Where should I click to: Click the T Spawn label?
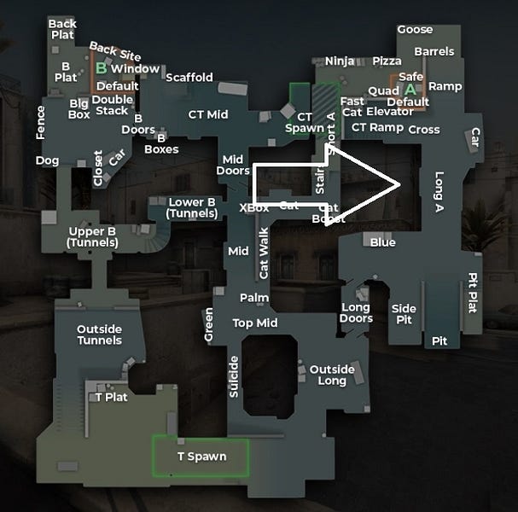coord(201,457)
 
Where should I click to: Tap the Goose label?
coord(415,30)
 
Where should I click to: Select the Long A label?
coord(439,192)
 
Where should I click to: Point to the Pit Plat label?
coord(472,293)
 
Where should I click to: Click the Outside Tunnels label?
coord(99,335)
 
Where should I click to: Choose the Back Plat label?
coord(62,29)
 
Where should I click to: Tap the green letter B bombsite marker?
coord(101,67)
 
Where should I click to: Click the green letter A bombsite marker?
coord(410,89)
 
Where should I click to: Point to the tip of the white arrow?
coord(402,184)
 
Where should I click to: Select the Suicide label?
coord(234,377)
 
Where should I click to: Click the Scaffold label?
coord(189,78)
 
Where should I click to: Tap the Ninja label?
coord(340,61)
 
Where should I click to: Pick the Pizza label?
coord(387,61)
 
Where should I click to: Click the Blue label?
coord(382,242)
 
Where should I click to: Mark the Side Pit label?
coord(404,314)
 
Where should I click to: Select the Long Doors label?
coord(356,313)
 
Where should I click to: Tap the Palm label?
coord(254,298)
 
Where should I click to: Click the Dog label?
coord(47,160)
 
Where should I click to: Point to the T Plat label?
coord(111,397)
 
